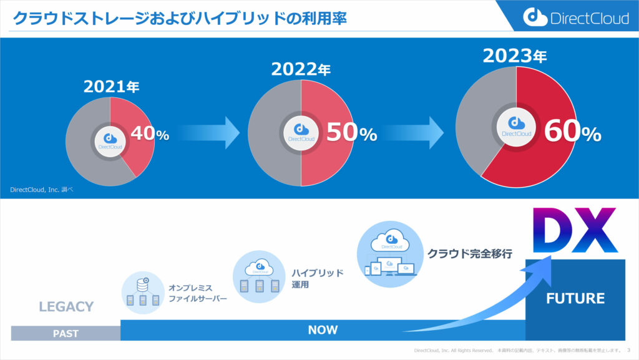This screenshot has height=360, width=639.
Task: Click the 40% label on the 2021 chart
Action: point(149,134)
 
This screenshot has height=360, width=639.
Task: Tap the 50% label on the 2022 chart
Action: point(351,134)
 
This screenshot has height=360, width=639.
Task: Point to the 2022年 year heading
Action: point(300,68)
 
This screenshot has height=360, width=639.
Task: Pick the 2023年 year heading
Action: point(515,56)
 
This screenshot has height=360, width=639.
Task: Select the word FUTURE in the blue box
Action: point(575,298)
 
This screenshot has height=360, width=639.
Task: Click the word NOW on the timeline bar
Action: point(323,329)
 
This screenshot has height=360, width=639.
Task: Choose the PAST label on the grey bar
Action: point(66,333)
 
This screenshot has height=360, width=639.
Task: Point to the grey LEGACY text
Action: point(66,306)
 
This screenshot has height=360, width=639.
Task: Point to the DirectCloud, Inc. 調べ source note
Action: point(41,190)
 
